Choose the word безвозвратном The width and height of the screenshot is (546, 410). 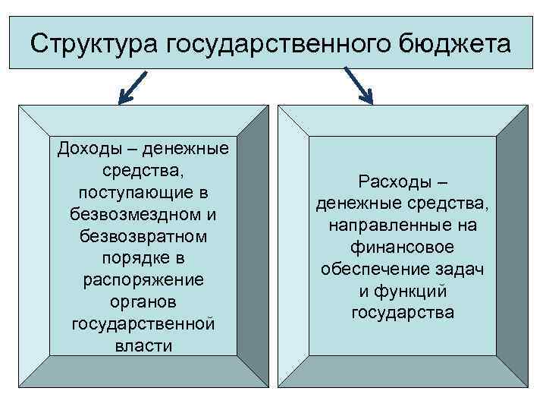click(x=143, y=236)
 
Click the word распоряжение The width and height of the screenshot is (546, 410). click(x=143, y=280)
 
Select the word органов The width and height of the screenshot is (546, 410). click(x=143, y=302)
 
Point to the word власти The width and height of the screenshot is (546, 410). click(x=143, y=346)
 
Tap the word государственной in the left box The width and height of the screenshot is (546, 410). click(x=143, y=324)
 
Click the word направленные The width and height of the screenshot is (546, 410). click(x=391, y=225)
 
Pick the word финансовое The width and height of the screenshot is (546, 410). click(x=403, y=248)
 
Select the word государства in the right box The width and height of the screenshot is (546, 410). click(x=403, y=314)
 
